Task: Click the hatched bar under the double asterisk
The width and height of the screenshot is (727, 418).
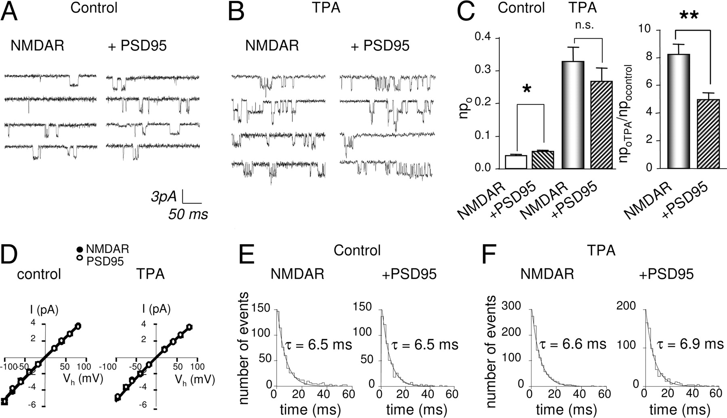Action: (x=709, y=134)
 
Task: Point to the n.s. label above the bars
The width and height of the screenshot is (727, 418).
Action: (x=584, y=25)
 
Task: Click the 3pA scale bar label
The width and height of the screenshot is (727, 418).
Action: (x=164, y=196)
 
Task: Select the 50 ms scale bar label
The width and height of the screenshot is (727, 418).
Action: (x=188, y=214)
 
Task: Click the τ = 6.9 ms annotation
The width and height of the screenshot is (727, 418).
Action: (x=689, y=344)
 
